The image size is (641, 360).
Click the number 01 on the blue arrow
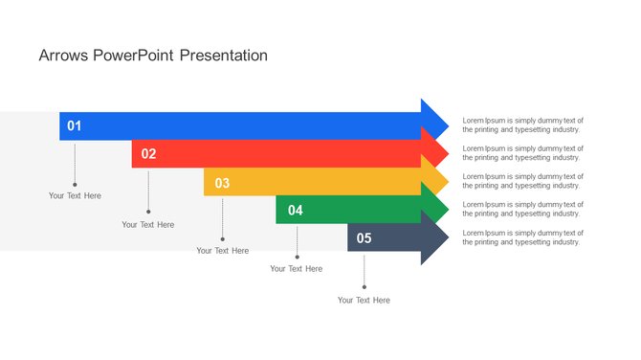pos(74,126)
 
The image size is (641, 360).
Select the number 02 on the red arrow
pos(148,154)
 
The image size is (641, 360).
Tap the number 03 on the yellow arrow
pos(222,183)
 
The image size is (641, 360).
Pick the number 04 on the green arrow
pos(296,211)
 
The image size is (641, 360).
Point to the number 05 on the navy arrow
pos(364,238)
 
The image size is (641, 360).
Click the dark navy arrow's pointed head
pos(435,237)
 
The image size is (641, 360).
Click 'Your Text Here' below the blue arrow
pos(75,195)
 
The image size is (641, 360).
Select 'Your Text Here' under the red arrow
pos(148,224)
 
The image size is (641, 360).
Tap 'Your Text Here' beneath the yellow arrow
pos(222,251)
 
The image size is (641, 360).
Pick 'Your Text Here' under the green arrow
pos(296,269)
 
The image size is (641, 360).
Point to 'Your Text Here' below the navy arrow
pos(364,300)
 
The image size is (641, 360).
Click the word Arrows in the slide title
pos(64,56)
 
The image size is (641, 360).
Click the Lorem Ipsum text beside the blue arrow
pos(522,124)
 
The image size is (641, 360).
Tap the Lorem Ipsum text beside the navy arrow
pos(522,237)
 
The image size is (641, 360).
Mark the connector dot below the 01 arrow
pos(75,184)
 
